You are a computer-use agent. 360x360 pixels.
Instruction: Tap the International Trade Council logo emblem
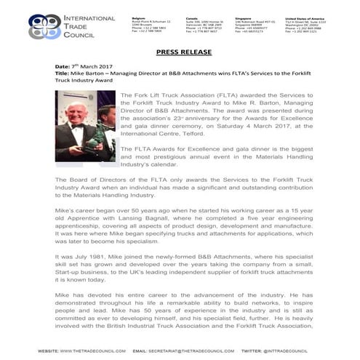tap(44, 25)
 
